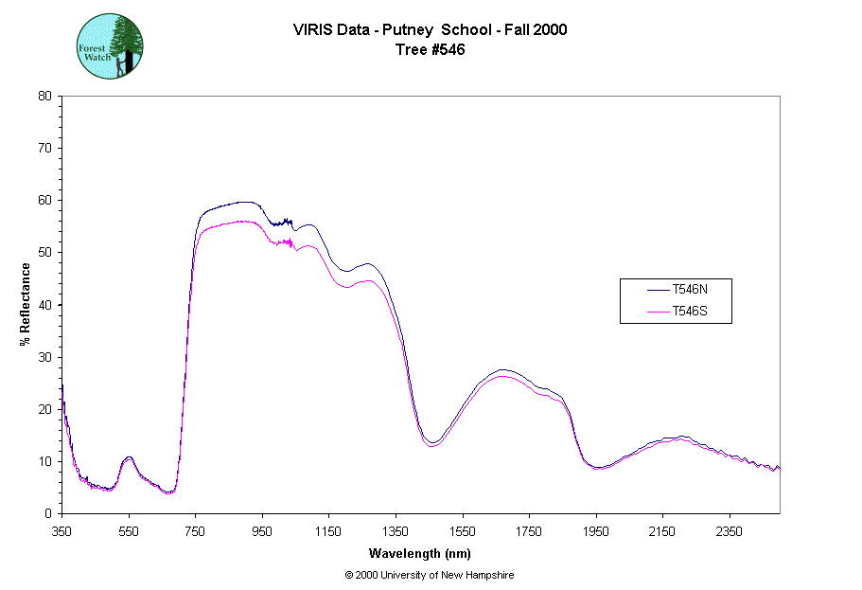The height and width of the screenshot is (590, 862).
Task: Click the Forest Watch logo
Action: (110, 45)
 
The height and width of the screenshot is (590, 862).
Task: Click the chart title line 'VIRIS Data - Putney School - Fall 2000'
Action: (431, 29)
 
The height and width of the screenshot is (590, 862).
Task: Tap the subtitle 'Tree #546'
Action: (431, 50)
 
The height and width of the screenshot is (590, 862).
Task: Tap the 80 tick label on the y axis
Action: (44, 96)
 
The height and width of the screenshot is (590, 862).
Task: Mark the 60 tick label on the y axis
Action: (44, 200)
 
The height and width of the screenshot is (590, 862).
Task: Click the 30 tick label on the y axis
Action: (44, 357)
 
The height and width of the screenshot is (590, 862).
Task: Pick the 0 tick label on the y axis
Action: (48, 513)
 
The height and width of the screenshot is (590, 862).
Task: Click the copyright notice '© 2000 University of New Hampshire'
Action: (430, 575)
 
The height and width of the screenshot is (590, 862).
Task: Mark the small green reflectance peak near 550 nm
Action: (129, 458)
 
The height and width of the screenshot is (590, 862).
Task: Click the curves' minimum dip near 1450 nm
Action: (431, 443)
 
